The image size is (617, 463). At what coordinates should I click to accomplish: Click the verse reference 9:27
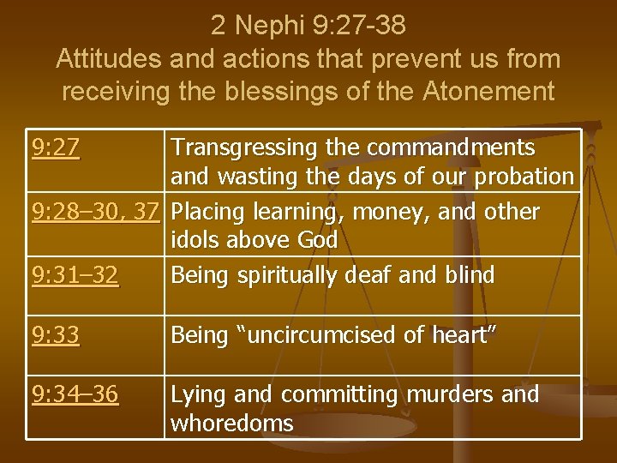point(57,149)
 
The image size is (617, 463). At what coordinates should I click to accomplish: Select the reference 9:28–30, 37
point(95,211)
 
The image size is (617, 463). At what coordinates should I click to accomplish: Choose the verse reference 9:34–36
point(76,394)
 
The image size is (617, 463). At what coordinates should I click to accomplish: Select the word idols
point(198,241)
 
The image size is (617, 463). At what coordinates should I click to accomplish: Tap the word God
point(316,241)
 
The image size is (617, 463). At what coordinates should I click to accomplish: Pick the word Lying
point(198,394)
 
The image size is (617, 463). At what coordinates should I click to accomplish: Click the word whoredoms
point(232,423)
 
